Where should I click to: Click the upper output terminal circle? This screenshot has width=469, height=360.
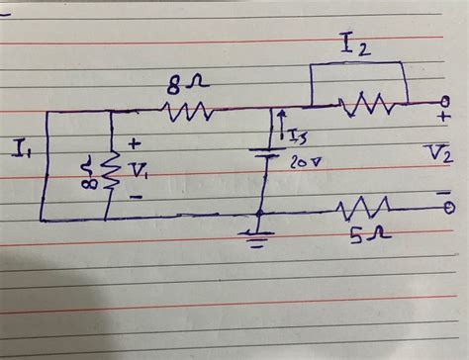pos(446,101)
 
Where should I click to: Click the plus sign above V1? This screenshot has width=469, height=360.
pos(134,144)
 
